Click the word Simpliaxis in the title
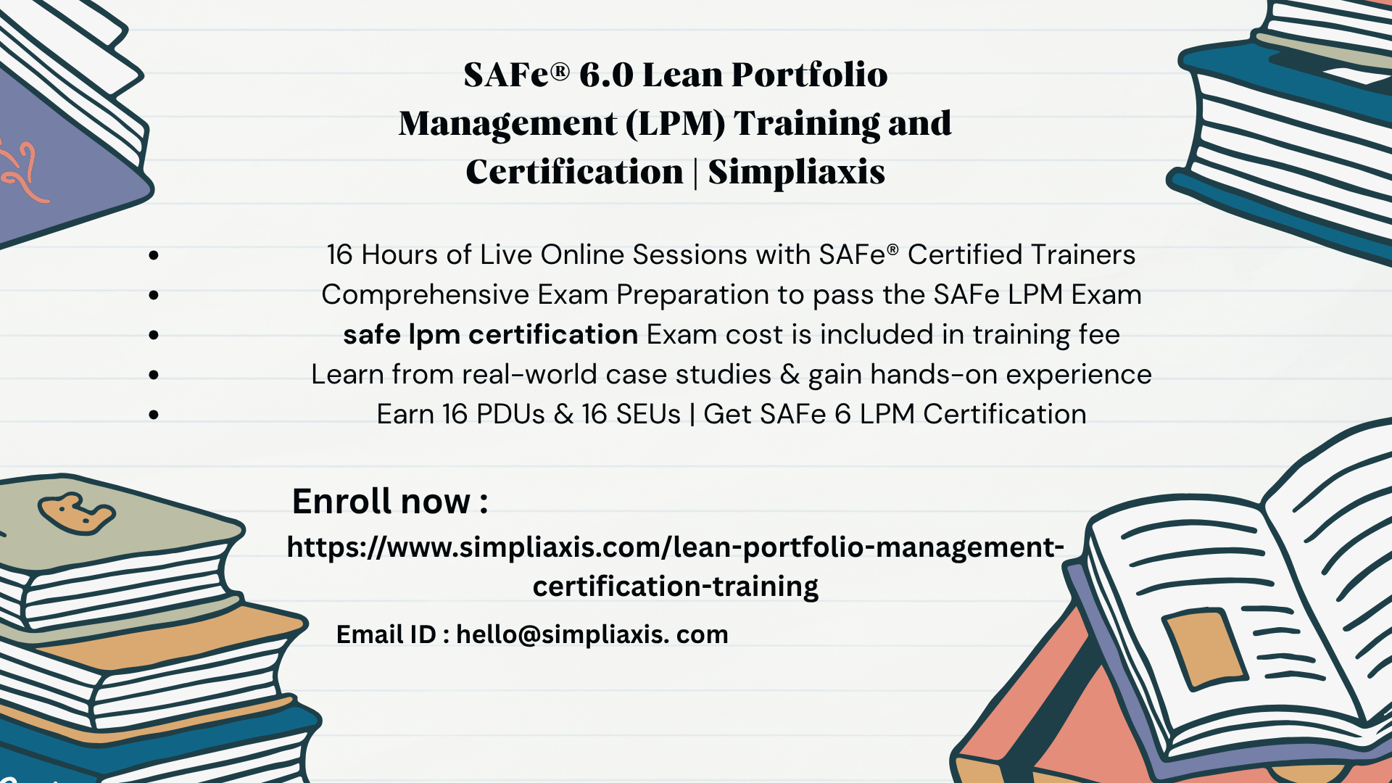796,173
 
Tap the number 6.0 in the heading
606,75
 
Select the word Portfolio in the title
809,75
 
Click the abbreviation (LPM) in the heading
675,124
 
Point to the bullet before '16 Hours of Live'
154,255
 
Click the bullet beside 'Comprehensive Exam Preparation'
154,295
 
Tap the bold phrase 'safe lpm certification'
490,335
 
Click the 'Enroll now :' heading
390,501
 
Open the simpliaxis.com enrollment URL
676,566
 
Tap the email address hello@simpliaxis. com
592,634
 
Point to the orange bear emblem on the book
76,514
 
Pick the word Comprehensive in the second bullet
426,296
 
